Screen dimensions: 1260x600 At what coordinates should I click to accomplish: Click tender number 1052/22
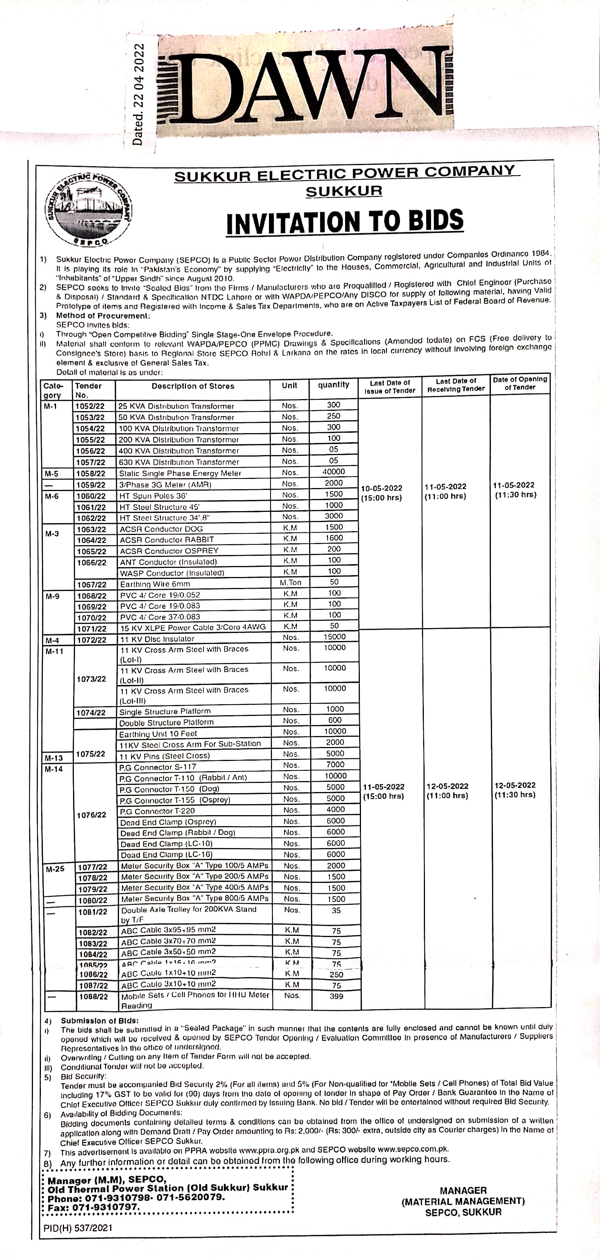89,406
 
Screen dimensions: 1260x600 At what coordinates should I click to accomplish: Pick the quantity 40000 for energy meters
333,471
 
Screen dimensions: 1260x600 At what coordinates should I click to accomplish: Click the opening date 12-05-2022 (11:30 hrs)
515,790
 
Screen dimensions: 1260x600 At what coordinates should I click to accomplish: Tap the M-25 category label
55,869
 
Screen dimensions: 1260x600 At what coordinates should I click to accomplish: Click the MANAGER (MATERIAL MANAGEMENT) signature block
463,1201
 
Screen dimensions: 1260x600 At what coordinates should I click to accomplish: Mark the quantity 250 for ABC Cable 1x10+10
336,974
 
